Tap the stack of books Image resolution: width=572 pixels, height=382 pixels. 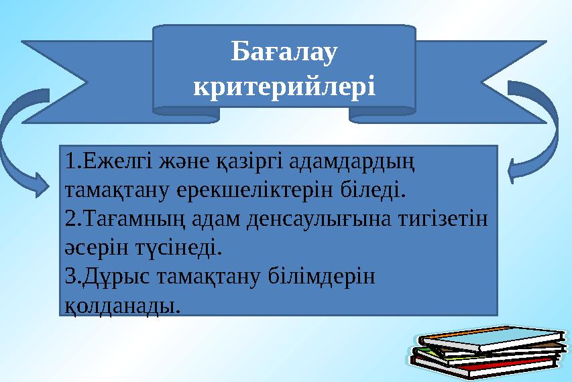tap(487, 353)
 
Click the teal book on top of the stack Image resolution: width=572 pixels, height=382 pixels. tap(493, 338)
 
